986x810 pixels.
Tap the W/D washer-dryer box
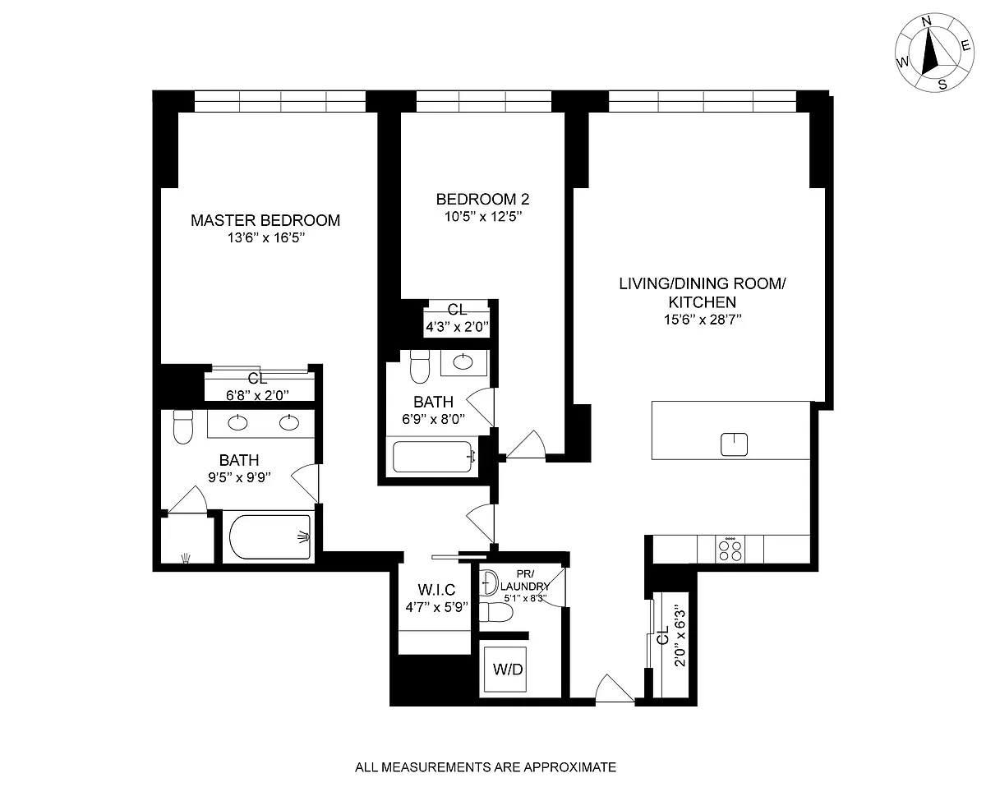[x=505, y=670]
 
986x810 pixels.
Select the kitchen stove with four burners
[x=730, y=550]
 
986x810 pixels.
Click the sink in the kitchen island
[x=734, y=444]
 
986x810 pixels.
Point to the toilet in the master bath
[x=182, y=426]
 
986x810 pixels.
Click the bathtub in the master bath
[x=270, y=537]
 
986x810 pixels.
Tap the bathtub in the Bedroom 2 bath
[x=432, y=457]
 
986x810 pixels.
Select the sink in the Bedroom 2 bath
[x=463, y=362]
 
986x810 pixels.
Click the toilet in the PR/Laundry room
[x=496, y=612]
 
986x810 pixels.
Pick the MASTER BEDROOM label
[x=265, y=220]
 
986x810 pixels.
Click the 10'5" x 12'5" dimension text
[x=482, y=217]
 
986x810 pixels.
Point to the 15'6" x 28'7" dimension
[x=703, y=320]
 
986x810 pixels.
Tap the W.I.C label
[x=436, y=589]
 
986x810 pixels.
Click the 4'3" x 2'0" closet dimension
[x=457, y=326]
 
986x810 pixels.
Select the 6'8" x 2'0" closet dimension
[x=257, y=395]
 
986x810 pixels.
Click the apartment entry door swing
[x=615, y=688]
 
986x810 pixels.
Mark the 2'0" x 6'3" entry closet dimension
[x=680, y=637]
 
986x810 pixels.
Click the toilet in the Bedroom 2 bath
[x=419, y=366]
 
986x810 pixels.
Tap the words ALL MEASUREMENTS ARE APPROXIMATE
[x=486, y=767]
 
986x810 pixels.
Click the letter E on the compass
[x=965, y=46]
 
